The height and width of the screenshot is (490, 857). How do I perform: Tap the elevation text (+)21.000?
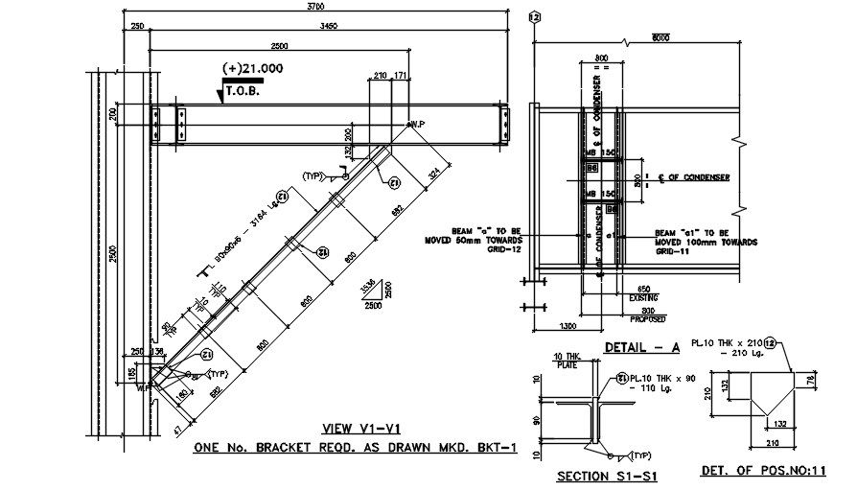tap(252, 68)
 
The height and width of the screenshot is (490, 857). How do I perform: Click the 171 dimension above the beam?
tap(401, 75)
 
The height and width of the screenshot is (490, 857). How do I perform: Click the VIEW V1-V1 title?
tap(356, 429)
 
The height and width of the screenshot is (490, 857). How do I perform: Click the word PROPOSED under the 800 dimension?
tap(652, 318)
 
